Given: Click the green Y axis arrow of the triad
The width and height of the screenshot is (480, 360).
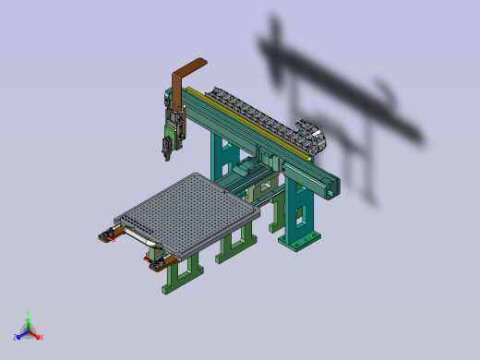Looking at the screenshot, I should pyautogui.click(x=28, y=318).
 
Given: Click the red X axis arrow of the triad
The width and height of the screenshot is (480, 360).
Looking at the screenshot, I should pyautogui.click(x=38, y=336).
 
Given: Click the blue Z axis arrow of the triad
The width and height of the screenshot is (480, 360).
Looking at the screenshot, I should pyautogui.click(x=18, y=336).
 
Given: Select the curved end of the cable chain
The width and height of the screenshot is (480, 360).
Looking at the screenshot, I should pyautogui.click(x=314, y=138).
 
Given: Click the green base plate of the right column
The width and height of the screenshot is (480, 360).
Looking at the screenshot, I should pyautogui.click(x=302, y=241).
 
